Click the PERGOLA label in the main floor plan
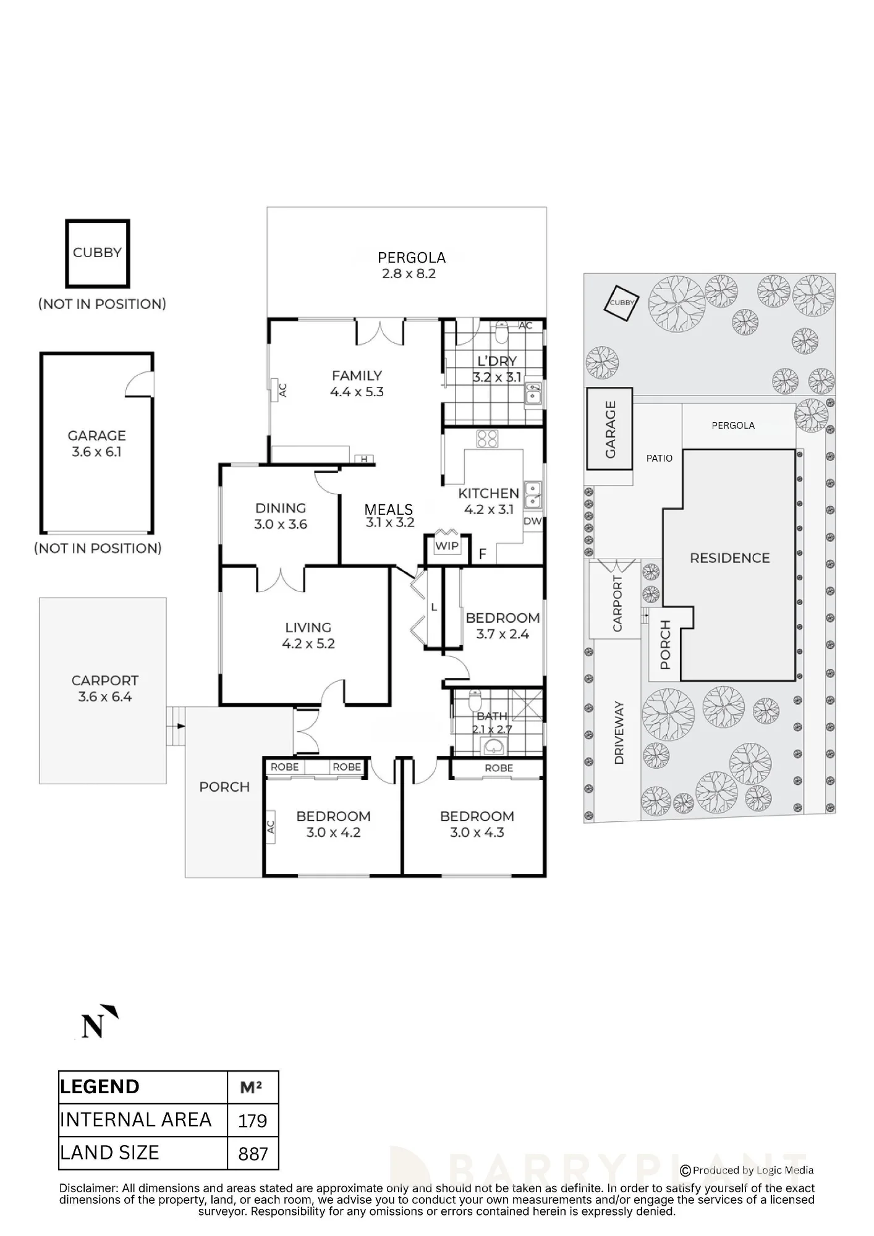(412, 257)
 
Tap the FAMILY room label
(357, 375)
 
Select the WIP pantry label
(447, 546)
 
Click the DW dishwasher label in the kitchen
(532, 521)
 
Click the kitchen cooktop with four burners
(487, 438)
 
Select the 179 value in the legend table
(252, 1120)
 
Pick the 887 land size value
(253, 1153)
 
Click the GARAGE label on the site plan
(611, 429)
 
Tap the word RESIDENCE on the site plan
(729, 558)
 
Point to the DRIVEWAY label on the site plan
(619, 733)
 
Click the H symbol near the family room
(365, 459)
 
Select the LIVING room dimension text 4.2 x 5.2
(308, 644)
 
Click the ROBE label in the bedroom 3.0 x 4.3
(499, 768)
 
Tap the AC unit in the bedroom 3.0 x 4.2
(270, 826)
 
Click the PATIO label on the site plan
(659, 458)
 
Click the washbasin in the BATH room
(493, 748)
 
